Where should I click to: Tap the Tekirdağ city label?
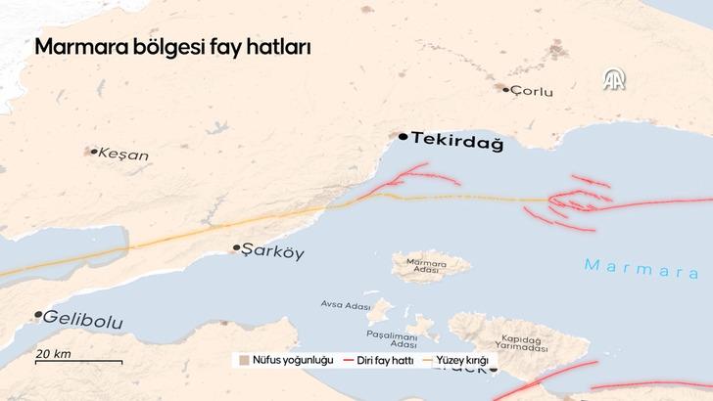[457, 142]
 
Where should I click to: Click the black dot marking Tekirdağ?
[404, 138]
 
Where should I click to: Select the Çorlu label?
[533, 92]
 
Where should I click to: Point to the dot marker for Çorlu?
[506, 89]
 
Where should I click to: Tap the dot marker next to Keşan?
[94, 152]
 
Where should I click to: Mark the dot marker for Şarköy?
[236, 248]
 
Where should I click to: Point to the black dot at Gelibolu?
[38, 315]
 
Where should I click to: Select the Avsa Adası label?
[346, 304]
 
